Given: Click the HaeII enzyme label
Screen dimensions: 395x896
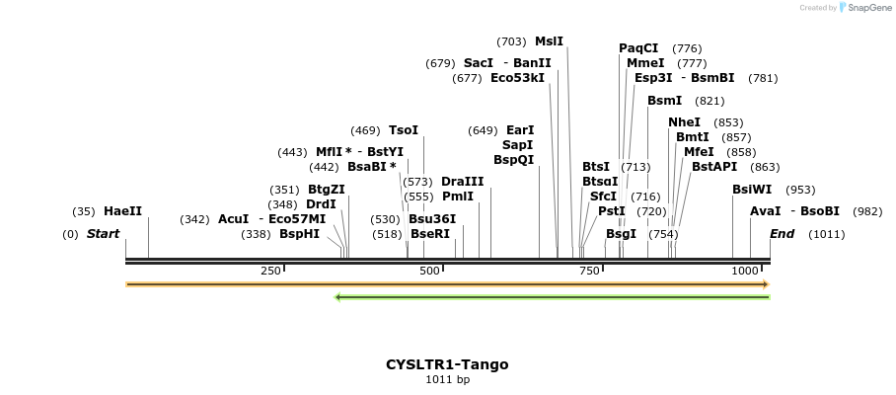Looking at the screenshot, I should point(122,211).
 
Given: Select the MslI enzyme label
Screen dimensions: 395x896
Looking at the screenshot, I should point(549,41).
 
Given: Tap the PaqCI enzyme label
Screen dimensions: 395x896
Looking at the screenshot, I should point(638,48).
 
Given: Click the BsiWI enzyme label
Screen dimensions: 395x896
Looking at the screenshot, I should point(752,190).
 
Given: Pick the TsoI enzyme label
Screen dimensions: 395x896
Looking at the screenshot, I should point(404,130).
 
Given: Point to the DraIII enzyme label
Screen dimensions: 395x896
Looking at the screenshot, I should point(463,182).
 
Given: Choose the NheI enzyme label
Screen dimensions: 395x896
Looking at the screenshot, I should point(684,122).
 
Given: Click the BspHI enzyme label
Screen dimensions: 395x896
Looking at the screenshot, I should point(299,234).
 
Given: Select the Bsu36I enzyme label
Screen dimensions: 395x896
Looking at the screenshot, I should point(432,219).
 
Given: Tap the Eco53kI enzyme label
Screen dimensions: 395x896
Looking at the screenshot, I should point(517,78).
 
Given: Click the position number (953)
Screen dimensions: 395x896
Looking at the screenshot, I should point(800,190).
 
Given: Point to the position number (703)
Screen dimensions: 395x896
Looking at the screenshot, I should point(511,41).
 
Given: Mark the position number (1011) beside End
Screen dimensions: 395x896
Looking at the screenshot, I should point(826,234).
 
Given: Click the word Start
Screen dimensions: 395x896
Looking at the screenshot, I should point(103,234).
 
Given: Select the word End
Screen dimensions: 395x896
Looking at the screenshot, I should point(782,234).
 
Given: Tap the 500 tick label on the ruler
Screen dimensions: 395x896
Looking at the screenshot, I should point(429,271).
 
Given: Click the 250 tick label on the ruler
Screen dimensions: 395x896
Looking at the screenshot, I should point(269,271).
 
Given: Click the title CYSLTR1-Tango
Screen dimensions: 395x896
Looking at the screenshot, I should point(447,364).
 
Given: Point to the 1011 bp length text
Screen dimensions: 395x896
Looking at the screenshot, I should point(447,379).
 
